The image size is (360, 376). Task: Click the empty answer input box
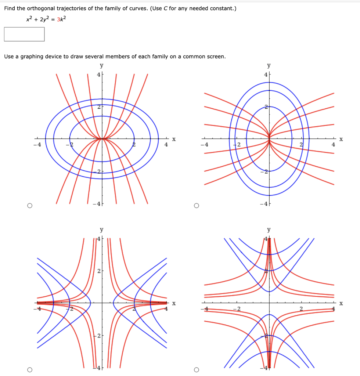tap(24, 34)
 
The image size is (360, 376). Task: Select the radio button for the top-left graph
tap(29, 206)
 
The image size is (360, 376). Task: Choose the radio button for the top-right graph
tap(197, 206)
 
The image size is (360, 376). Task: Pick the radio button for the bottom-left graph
tap(29, 369)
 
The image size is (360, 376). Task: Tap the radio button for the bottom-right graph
tap(197, 369)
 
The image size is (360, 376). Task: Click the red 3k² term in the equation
tap(62, 19)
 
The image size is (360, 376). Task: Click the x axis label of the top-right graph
tap(341, 139)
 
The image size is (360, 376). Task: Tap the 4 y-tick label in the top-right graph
tap(265, 75)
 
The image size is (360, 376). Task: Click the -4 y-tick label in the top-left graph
tap(96, 204)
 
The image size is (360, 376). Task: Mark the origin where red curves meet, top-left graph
tap(102, 139)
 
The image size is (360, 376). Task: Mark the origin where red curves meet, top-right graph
tap(269, 139)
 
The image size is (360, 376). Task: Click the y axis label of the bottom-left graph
tap(102, 230)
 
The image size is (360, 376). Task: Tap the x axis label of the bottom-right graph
tap(341, 303)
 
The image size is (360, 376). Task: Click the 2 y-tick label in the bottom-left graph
tap(98, 271)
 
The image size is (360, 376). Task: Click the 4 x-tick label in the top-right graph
tap(333, 145)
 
